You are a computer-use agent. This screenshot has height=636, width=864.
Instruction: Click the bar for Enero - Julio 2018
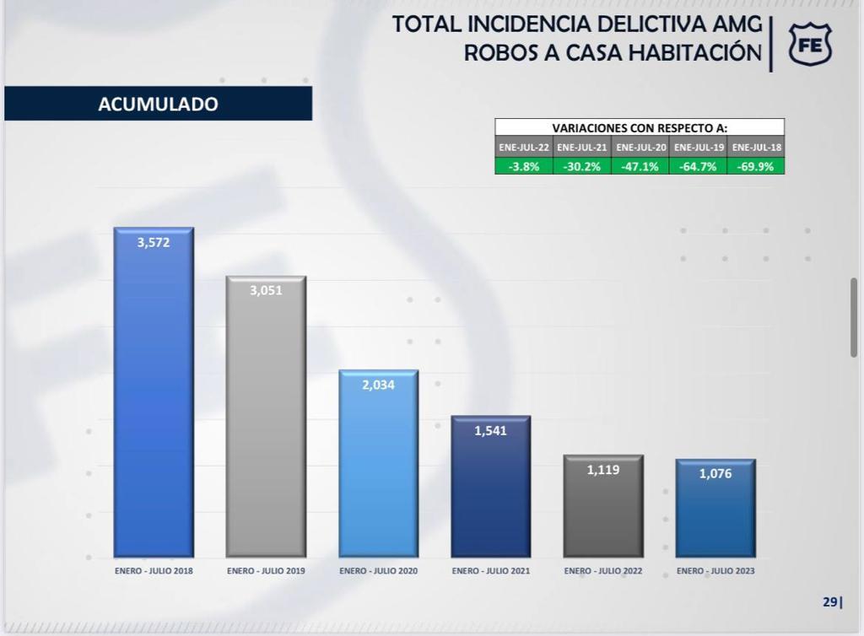154,392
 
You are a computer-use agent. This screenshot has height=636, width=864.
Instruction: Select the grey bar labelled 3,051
266,417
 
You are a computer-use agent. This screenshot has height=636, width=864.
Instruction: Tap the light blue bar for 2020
378,464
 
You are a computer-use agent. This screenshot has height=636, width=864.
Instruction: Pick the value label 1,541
490,430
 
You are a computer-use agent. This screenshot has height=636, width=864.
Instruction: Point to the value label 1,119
603,470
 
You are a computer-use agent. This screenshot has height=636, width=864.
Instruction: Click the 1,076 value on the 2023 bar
715,473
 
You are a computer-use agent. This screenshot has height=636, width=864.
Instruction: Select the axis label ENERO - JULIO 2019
266,571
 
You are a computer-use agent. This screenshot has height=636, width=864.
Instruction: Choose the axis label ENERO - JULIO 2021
490,571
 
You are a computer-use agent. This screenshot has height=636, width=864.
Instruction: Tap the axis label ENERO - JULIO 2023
715,571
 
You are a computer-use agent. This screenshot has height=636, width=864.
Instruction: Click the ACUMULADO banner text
158,105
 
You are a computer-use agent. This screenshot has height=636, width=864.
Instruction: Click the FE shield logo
810,45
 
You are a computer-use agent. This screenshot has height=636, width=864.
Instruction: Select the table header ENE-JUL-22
524,147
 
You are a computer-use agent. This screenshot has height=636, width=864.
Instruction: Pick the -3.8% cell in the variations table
524,166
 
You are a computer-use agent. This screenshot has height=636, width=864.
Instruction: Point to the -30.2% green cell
582,166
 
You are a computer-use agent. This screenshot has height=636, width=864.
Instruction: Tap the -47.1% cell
640,166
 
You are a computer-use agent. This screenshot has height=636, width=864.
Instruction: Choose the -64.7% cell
699,166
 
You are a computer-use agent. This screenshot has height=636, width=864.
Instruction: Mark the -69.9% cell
757,166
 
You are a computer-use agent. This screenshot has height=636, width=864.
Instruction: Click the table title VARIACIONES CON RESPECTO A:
640,127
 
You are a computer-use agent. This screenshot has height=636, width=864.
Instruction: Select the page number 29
830,601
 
